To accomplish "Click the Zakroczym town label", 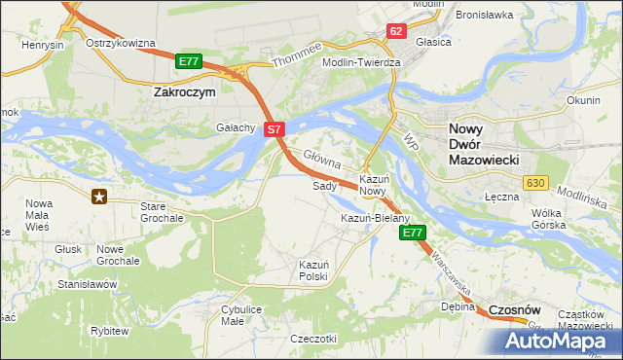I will (186, 91).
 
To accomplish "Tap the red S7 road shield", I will (275, 128).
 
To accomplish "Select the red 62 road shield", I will (395, 31).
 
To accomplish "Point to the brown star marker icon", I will (100, 197).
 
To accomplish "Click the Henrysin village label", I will (44, 46).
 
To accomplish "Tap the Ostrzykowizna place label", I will (121, 44).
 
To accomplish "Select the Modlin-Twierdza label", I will (361, 62).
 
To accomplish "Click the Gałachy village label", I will (236, 127).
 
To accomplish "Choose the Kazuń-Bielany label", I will (375, 218).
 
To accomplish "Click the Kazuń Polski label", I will (314, 270).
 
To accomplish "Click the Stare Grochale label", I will (162, 213).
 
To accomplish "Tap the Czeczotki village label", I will (313, 339).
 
